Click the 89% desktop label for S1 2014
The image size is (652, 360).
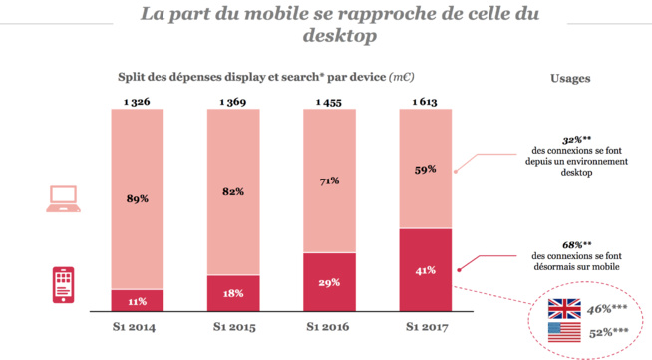tap(138, 198)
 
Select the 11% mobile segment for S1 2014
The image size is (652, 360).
tap(138, 300)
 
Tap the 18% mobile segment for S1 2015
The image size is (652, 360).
tap(233, 294)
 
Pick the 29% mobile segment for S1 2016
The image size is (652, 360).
tap(329, 283)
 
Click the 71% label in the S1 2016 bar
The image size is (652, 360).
tap(329, 180)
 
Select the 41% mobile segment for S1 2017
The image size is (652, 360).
tap(426, 270)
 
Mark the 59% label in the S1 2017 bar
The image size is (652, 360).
tap(426, 169)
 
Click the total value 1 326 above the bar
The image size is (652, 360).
tap(138, 101)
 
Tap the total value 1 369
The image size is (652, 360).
tap(233, 101)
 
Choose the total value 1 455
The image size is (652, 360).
tap(329, 101)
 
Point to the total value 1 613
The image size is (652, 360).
tap(426, 101)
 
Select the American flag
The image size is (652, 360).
tap(563, 333)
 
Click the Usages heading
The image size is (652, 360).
tap(569, 78)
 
